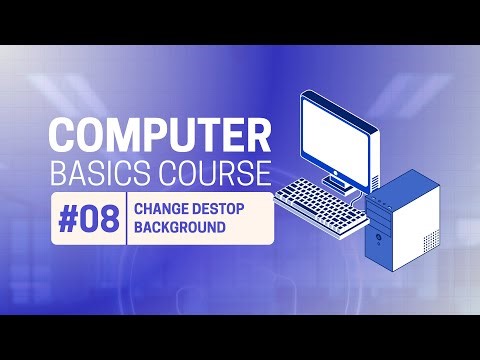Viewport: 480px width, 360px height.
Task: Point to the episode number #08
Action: click(89, 220)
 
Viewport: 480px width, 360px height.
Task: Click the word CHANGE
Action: click(160, 210)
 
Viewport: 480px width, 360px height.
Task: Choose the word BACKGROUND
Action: click(179, 229)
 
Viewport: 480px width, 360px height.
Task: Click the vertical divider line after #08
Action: click(126, 220)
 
